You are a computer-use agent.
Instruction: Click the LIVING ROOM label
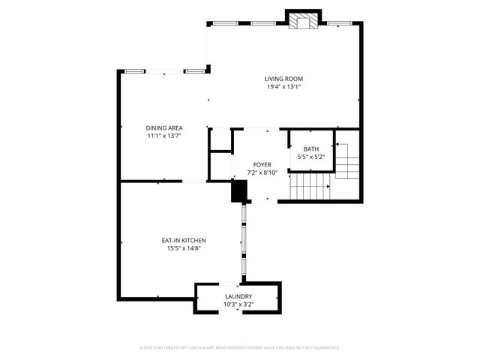[x=283, y=79]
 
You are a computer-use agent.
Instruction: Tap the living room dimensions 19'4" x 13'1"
[x=283, y=87]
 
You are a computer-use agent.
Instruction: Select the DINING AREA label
[x=164, y=127]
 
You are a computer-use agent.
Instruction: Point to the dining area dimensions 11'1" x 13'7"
[x=164, y=136]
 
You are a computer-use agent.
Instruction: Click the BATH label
[x=310, y=149]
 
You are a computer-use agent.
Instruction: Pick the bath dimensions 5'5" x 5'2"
[x=310, y=157]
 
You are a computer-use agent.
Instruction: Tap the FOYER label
[x=262, y=164]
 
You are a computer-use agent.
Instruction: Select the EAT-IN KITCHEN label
[x=184, y=241]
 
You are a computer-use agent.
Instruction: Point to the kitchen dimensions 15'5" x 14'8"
[x=184, y=249]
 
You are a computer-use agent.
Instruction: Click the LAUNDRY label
[x=238, y=297]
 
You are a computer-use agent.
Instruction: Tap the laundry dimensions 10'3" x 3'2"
[x=238, y=305]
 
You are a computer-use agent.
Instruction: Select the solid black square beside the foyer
[x=238, y=191]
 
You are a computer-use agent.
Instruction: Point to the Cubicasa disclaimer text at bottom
[x=240, y=348]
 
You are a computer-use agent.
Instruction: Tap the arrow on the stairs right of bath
[x=340, y=144]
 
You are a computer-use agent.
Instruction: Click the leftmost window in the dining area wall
[x=135, y=71]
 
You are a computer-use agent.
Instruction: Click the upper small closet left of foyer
[x=219, y=139]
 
